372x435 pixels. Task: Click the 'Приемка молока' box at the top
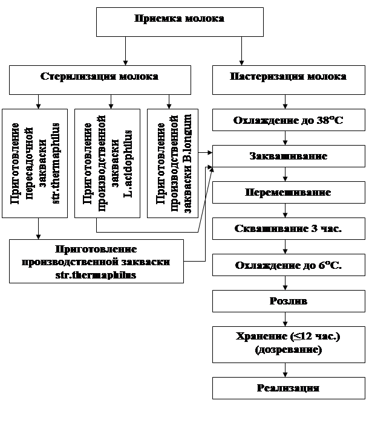click(180, 22)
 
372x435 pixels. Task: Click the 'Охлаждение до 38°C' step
click(288, 120)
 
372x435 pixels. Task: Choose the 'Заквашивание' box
click(288, 156)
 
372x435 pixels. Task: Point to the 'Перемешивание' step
click(288, 193)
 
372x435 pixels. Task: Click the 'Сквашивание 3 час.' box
click(288, 229)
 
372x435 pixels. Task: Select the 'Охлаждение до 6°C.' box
click(288, 265)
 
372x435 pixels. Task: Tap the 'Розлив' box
click(288, 301)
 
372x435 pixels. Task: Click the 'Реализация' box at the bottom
click(288, 388)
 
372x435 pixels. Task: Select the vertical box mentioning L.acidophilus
click(108, 163)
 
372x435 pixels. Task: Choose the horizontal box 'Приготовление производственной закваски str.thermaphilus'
click(96, 261)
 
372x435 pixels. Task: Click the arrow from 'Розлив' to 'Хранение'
click(288, 318)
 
